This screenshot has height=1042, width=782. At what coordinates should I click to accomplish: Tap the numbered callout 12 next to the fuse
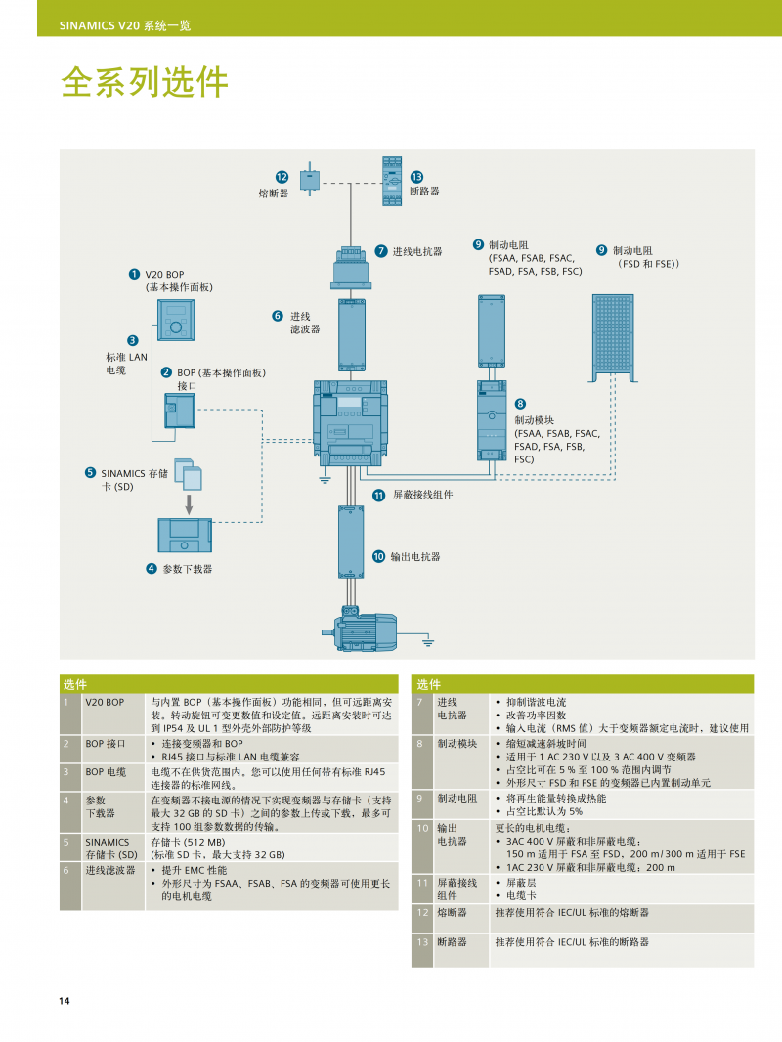click(x=282, y=177)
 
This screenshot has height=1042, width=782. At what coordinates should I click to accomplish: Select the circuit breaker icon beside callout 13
click(x=392, y=181)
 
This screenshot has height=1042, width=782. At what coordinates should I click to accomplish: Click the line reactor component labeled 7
click(x=351, y=268)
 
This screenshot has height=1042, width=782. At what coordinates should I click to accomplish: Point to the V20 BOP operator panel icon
click(x=176, y=320)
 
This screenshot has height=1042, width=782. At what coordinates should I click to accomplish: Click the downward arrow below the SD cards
click(x=189, y=503)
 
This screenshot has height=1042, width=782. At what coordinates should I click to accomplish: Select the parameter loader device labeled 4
click(x=185, y=535)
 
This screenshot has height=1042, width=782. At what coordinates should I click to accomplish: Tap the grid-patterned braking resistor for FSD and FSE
click(x=613, y=338)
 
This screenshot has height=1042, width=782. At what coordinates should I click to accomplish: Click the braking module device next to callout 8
click(x=492, y=420)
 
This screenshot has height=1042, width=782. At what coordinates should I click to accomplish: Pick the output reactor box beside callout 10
click(x=351, y=542)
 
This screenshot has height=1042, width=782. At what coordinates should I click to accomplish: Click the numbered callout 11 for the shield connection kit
click(x=378, y=495)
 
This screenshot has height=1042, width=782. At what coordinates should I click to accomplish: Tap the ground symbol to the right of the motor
click(x=428, y=642)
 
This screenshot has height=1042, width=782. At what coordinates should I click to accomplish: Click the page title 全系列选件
click(x=145, y=82)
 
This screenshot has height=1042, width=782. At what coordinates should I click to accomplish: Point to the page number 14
click(x=65, y=1001)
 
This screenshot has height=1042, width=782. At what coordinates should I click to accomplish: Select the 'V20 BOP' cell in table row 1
click(x=105, y=702)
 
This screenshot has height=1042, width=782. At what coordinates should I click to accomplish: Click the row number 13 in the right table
click(x=423, y=942)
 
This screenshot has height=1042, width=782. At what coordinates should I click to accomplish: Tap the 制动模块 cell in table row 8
click(x=457, y=744)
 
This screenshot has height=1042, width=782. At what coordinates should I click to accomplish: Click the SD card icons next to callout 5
click(x=188, y=474)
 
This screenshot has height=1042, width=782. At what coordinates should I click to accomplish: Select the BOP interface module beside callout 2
click(x=180, y=411)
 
